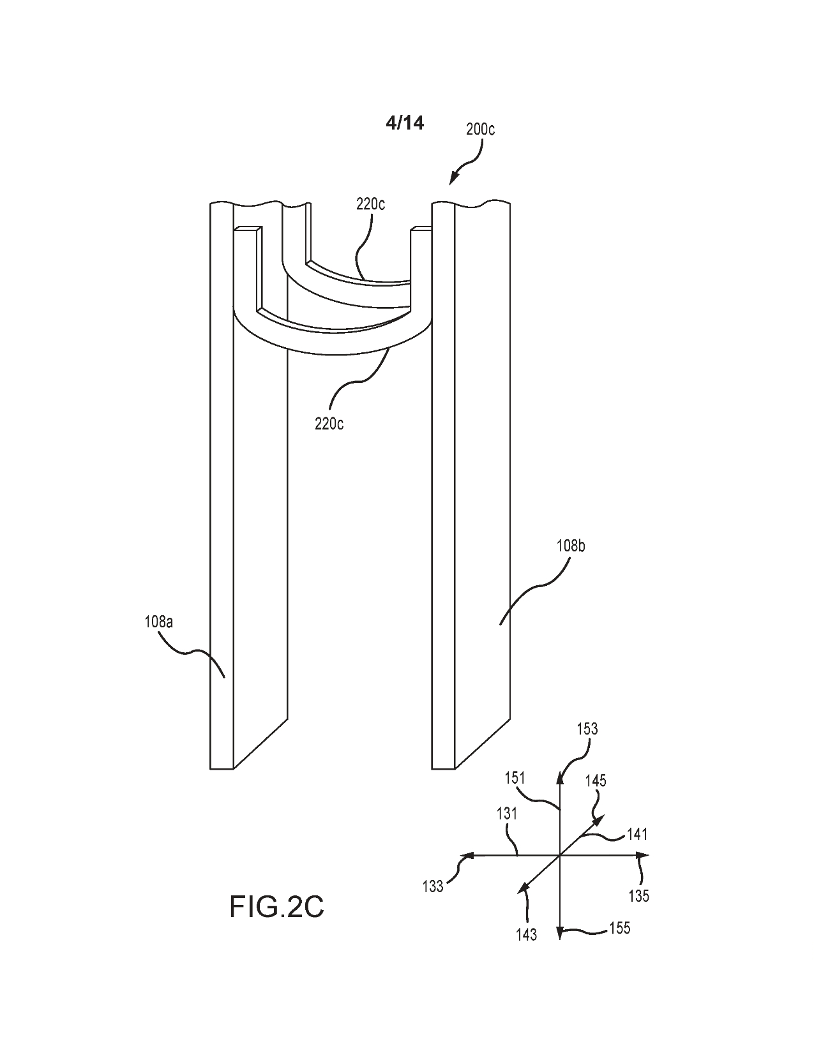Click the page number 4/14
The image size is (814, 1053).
pyautogui.click(x=404, y=123)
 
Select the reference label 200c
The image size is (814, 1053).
pyautogui.click(x=481, y=130)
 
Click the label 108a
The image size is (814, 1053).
pyautogui.click(x=158, y=622)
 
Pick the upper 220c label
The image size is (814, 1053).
pyautogui.click(x=370, y=204)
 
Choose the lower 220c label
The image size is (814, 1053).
pyautogui.click(x=329, y=424)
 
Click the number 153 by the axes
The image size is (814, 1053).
pyautogui.click(x=587, y=742)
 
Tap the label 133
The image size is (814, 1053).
pyautogui.click(x=433, y=886)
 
